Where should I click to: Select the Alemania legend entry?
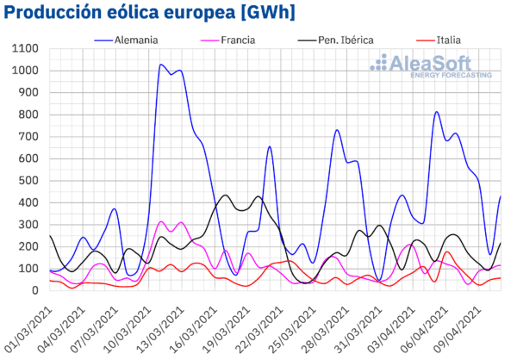point(126,40)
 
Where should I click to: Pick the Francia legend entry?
point(227,40)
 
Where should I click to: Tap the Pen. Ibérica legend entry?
point(336,40)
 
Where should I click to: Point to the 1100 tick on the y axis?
point(25,48)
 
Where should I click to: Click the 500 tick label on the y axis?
point(28,181)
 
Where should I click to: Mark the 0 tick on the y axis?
point(35,291)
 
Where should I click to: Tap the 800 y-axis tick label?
point(28,115)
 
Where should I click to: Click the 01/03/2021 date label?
point(28,330)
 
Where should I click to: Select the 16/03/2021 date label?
point(193,330)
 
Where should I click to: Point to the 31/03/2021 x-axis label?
point(358,330)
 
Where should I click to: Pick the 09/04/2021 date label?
point(457,330)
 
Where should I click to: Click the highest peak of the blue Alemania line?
point(160,65)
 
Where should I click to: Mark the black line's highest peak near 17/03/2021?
point(226,195)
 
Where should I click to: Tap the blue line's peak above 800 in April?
point(436,111)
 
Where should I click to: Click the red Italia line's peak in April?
point(447,251)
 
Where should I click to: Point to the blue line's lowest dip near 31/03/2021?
point(380,281)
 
